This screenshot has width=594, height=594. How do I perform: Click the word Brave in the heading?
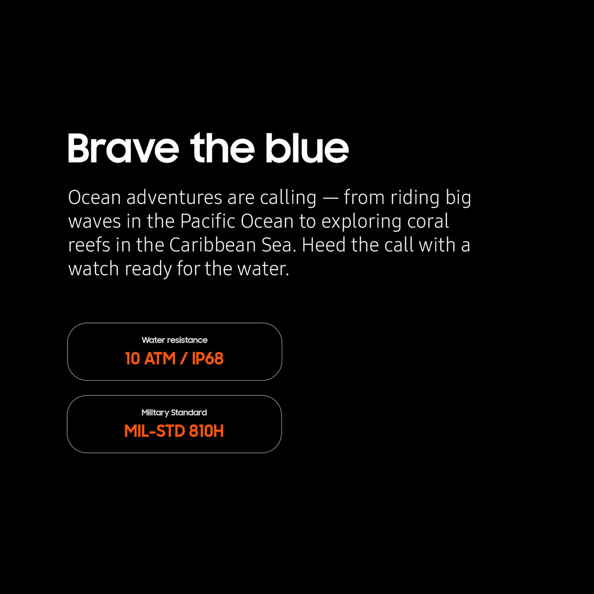(x=123, y=148)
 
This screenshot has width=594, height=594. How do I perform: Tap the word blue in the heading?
(x=307, y=148)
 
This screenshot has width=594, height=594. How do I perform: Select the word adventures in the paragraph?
(x=174, y=198)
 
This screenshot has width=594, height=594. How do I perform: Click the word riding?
(x=415, y=198)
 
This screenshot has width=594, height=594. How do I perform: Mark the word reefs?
(x=89, y=245)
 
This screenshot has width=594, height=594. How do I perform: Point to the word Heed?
(x=324, y=245)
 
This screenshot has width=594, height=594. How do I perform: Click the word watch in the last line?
(x=94, y=269)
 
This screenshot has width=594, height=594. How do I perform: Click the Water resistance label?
(x=174, y=340)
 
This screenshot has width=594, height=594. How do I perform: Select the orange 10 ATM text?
(x=151, y=359)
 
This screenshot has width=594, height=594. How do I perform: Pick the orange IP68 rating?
(x=208, y=359)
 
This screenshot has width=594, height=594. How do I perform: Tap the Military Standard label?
(x=174, y=413)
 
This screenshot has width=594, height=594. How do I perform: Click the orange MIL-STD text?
(x=154, y=431)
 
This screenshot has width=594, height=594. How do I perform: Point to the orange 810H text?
(x=206, y=431)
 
